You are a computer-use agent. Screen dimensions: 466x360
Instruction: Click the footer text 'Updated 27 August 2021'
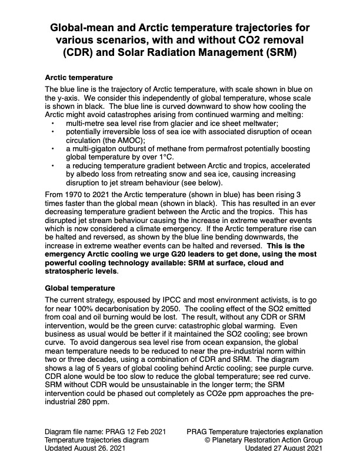click(283, 449)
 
